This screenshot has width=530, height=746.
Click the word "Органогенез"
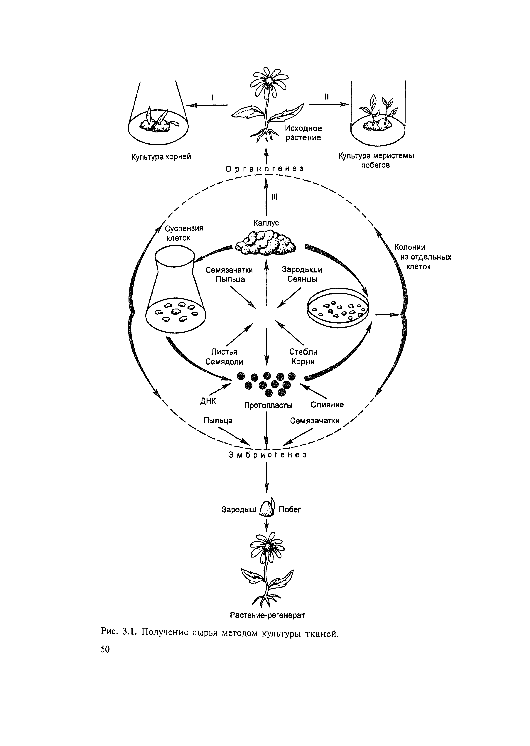(265, 169)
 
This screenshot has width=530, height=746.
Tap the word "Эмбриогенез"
(267, 455)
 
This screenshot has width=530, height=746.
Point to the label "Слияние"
(327, 405)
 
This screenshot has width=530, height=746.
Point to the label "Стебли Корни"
(303, 357)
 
